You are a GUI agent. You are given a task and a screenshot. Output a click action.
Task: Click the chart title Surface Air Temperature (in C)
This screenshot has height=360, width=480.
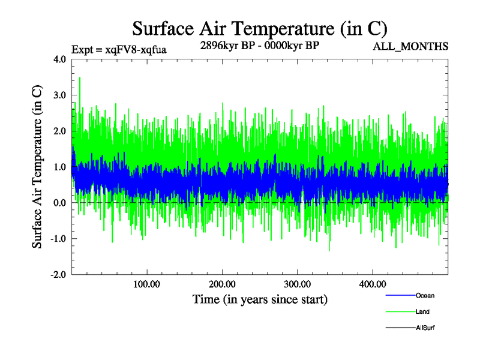[259, 28]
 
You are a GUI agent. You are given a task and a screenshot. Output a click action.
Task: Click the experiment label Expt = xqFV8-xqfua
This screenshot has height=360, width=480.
[119, 49]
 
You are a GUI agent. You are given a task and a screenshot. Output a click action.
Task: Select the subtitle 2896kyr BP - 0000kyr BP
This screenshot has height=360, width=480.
[259, 45]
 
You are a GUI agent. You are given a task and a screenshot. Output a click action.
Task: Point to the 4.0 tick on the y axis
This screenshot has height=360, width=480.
[60, 59]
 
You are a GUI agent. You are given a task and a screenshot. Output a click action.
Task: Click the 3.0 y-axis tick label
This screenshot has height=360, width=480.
[60, 95]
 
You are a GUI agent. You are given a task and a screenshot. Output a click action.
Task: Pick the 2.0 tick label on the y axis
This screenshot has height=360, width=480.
[60, 131]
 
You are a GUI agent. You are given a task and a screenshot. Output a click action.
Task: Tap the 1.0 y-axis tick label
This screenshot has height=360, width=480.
[60, 167]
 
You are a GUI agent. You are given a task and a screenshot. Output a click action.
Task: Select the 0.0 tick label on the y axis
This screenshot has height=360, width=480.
[60, 203]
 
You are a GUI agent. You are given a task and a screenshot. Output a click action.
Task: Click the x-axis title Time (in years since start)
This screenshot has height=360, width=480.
[259, 299]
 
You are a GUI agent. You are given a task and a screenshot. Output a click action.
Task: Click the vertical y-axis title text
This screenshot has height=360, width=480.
[37, 167]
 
